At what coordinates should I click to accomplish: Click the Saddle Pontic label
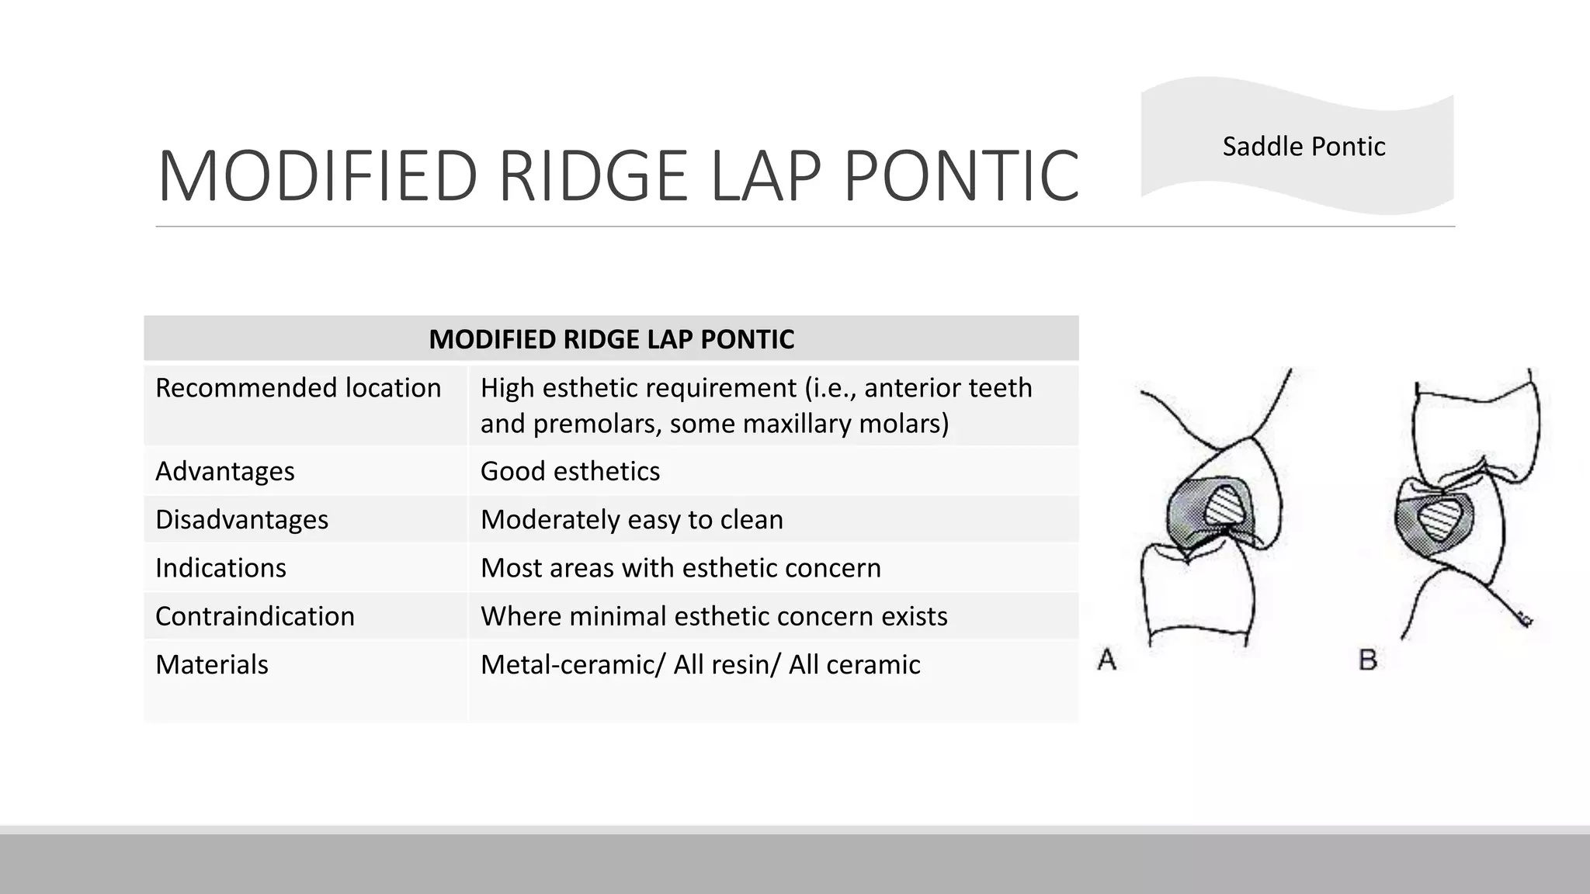[x=1304, y=147]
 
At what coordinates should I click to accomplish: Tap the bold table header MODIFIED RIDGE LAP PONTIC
[x=611, y=339]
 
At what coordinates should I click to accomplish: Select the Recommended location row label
[x=298, y=387]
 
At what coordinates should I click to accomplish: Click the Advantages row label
[x=225, y=471]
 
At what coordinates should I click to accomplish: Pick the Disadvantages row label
[x=241, y=519]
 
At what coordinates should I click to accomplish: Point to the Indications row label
[x=220, y=567]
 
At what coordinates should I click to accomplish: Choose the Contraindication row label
[x=255, y=616]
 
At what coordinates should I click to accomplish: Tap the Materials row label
[x=212, y=664]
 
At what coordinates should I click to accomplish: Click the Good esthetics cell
[x=570, y=471]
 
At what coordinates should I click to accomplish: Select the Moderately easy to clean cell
[x=632, y=519]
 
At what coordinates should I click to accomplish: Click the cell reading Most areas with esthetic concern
[x=681, y=567]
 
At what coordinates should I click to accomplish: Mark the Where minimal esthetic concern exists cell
[x=714, y=616]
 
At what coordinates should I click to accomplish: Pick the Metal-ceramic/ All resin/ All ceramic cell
[x=700, y=664]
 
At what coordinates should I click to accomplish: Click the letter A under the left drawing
[x=1107, y=660]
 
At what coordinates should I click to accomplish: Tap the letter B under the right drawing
[x=1368, y=660]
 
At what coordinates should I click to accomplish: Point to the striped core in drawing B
[x=1441, y=519]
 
